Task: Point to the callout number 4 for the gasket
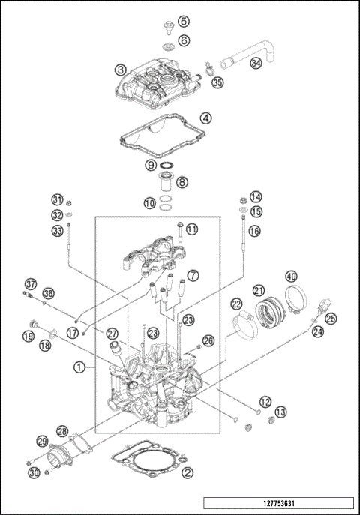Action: click(205, 118)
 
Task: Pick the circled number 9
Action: click(151, 165)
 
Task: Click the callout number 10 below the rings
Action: click(150, 202)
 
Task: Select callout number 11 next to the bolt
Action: click(192, 229)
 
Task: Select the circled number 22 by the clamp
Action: click(236, 304)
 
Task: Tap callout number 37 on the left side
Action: click(30, 284)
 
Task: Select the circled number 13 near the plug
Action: click(280, 412)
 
